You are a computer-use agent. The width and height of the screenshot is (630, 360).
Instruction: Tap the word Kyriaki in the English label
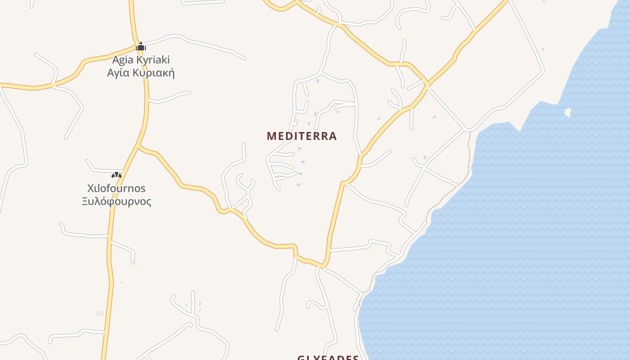152,60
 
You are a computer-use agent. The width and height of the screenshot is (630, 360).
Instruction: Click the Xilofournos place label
116,188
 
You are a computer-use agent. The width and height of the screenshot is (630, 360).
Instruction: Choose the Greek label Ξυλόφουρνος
116,201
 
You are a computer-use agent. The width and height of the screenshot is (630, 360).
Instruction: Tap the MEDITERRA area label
301,136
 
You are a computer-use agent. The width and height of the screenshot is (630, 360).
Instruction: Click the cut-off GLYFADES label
328,358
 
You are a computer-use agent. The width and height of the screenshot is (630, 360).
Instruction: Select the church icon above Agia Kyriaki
141,46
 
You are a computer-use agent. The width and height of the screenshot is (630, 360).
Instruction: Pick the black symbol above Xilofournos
117,175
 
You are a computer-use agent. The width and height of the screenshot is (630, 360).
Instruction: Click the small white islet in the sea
568,112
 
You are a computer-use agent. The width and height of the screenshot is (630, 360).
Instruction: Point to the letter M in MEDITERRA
271,136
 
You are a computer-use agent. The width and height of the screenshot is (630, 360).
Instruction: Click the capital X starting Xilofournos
90,188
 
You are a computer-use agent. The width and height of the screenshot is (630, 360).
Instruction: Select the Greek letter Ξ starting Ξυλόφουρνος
85,201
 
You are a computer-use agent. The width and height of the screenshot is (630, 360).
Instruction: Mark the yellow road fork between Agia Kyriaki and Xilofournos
139,146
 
